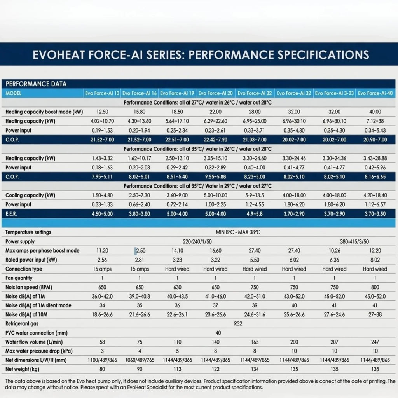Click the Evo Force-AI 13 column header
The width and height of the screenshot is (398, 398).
102,93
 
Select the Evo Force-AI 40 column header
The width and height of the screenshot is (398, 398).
375,93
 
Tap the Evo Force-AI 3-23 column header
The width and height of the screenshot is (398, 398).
334,93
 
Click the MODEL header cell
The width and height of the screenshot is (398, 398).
14,93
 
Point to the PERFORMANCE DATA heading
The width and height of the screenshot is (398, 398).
36,84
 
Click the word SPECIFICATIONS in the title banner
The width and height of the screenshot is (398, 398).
323,55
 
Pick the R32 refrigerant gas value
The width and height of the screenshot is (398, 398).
238,324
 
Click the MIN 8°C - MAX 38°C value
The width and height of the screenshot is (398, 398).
238,232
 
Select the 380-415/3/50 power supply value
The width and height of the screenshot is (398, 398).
354,241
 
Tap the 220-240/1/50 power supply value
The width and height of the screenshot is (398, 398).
197,241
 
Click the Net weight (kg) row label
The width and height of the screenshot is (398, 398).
22,369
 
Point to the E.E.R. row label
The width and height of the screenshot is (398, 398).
11,214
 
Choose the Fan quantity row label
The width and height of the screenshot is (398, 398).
19,278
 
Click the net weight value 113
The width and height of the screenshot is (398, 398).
177,369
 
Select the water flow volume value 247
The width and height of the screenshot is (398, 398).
375,342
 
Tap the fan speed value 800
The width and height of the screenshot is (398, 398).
375,287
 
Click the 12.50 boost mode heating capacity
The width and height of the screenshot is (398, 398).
102,112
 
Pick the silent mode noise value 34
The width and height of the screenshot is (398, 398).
102,305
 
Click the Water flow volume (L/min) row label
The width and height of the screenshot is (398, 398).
34,342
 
